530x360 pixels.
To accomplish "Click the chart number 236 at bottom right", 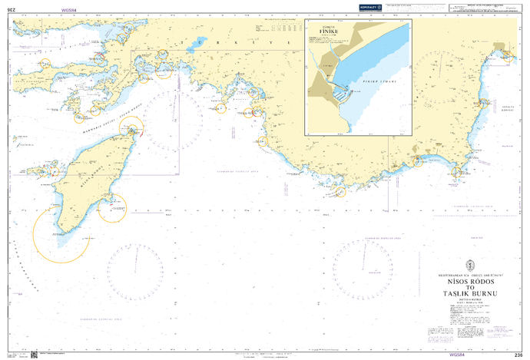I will pyautogui.click(x=518, y=355).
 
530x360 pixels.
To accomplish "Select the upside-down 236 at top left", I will pyautogui.click(x=11, y=10).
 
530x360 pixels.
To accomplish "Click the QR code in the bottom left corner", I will pyautogui.click(x=34, y=354).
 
